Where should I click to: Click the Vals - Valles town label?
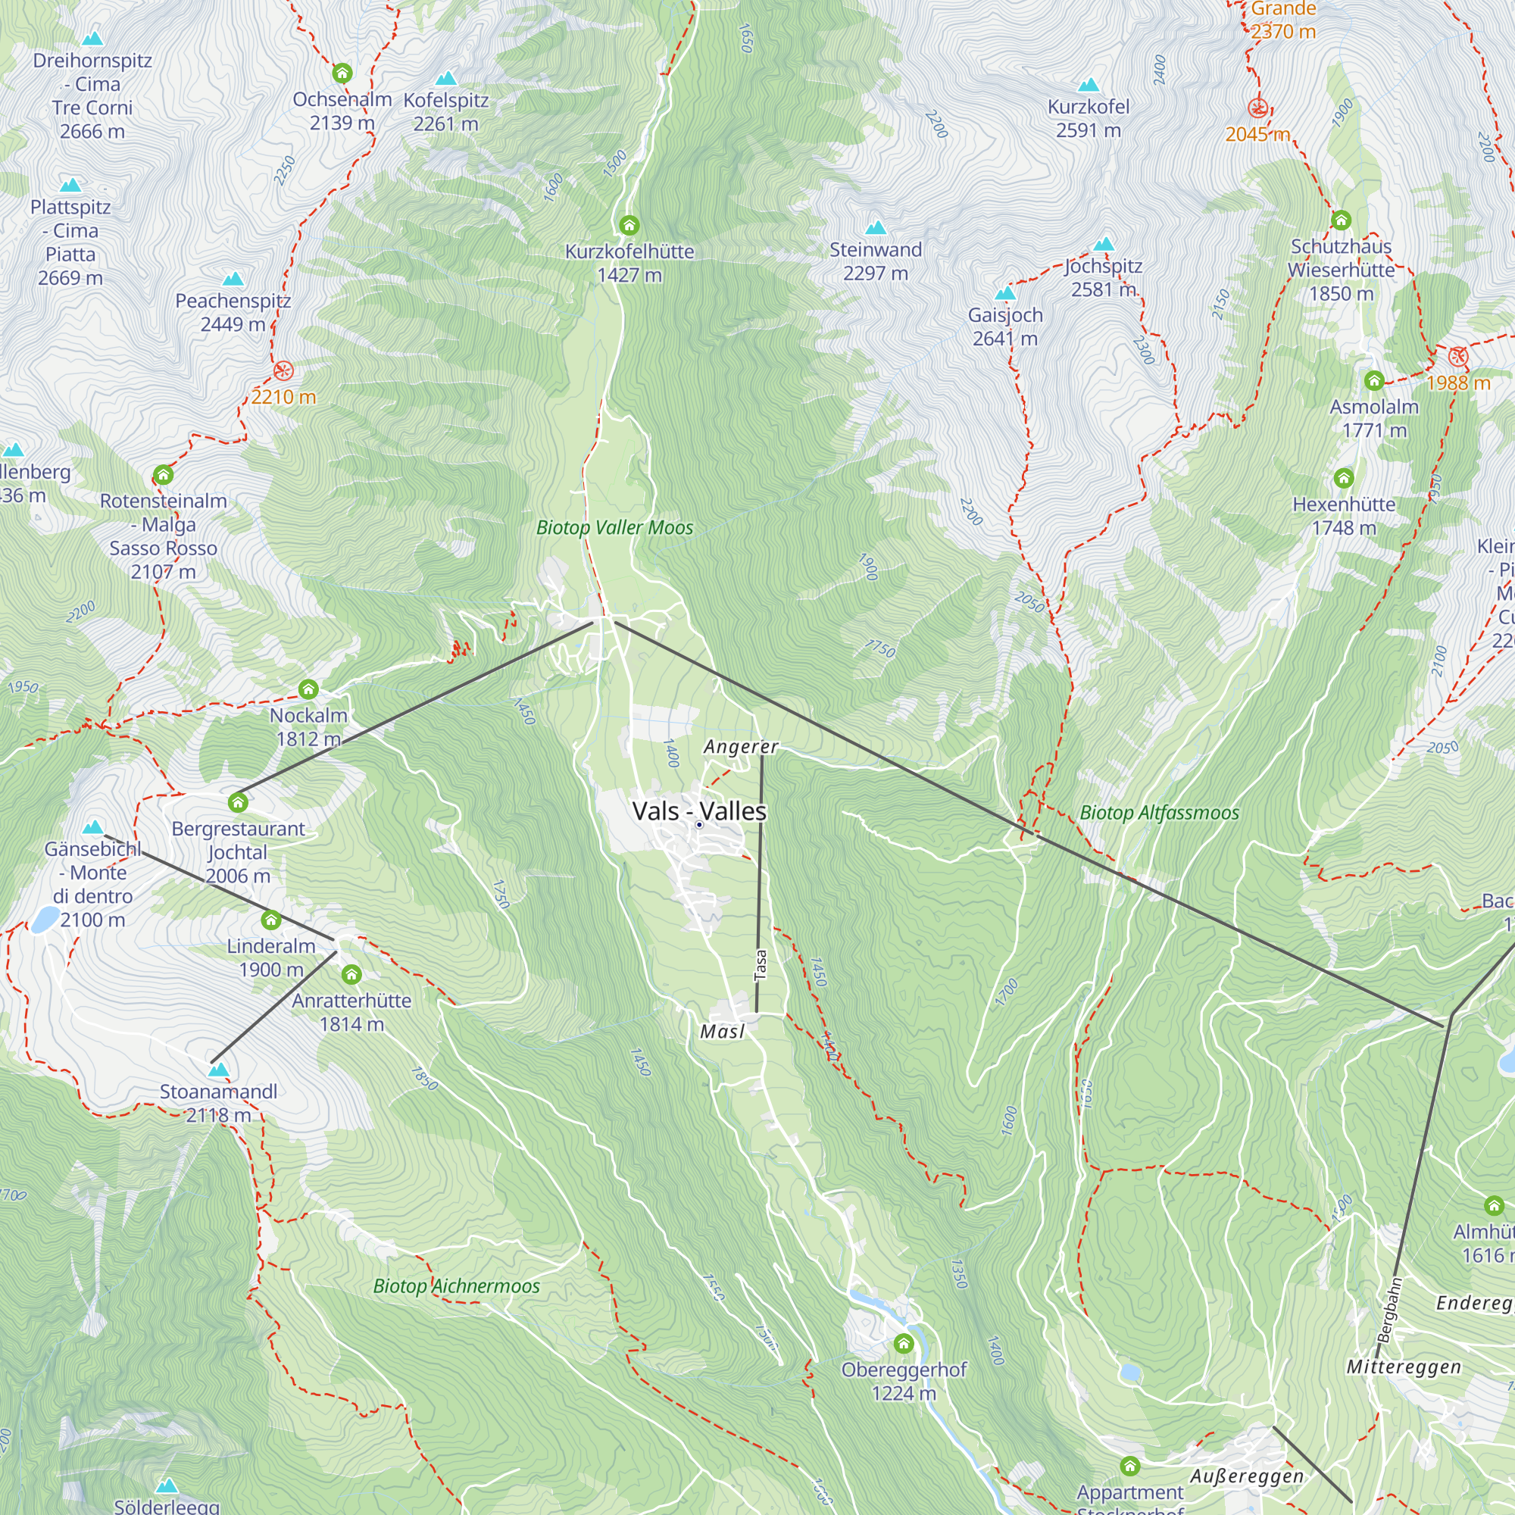pyautogui.click(x=698, y=811)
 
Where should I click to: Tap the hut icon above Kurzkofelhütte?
pyautogui.click(x=629, y=226)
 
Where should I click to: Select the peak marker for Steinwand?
pyautogui.click(x=875, y=228)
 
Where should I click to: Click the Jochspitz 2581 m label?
pyautogui.click(x=1104, y=277)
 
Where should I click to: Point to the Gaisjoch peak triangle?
pyautogui.click(x=1004, y=294)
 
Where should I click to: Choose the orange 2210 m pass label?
pyautogui.click(x=283, y=397)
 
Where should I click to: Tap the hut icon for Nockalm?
pyautogui.click(x=308, y=689)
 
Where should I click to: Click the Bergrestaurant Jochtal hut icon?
pyautogui.click(x=238, y=802)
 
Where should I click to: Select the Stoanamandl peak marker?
pyautogui.click(x=219, y=1070)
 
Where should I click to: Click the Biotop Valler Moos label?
pyautogui.click(x=615, y=528)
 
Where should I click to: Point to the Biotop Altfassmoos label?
pyautogui.click(x=1159, y=812)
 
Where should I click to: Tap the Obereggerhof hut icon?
pyautogui.click(x=904, y=1344)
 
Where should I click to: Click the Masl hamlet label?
pyautogui.click(x=721, y=1031)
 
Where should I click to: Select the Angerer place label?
pyautogui.click(x=740, y=747)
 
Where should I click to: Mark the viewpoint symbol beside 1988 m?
pyautogui.click(x=1457, y=357)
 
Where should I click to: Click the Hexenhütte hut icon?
pyautogui.click(x=1343, y=477)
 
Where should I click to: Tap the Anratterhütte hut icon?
pyautogui.click(x=351, y=975)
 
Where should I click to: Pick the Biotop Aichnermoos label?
pyautogui.click(x=456, y=1286)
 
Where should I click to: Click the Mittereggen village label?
pyautogui.click(x=1404, y=1367)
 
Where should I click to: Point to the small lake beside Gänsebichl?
pyautogui.click(x=45, y=918)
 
